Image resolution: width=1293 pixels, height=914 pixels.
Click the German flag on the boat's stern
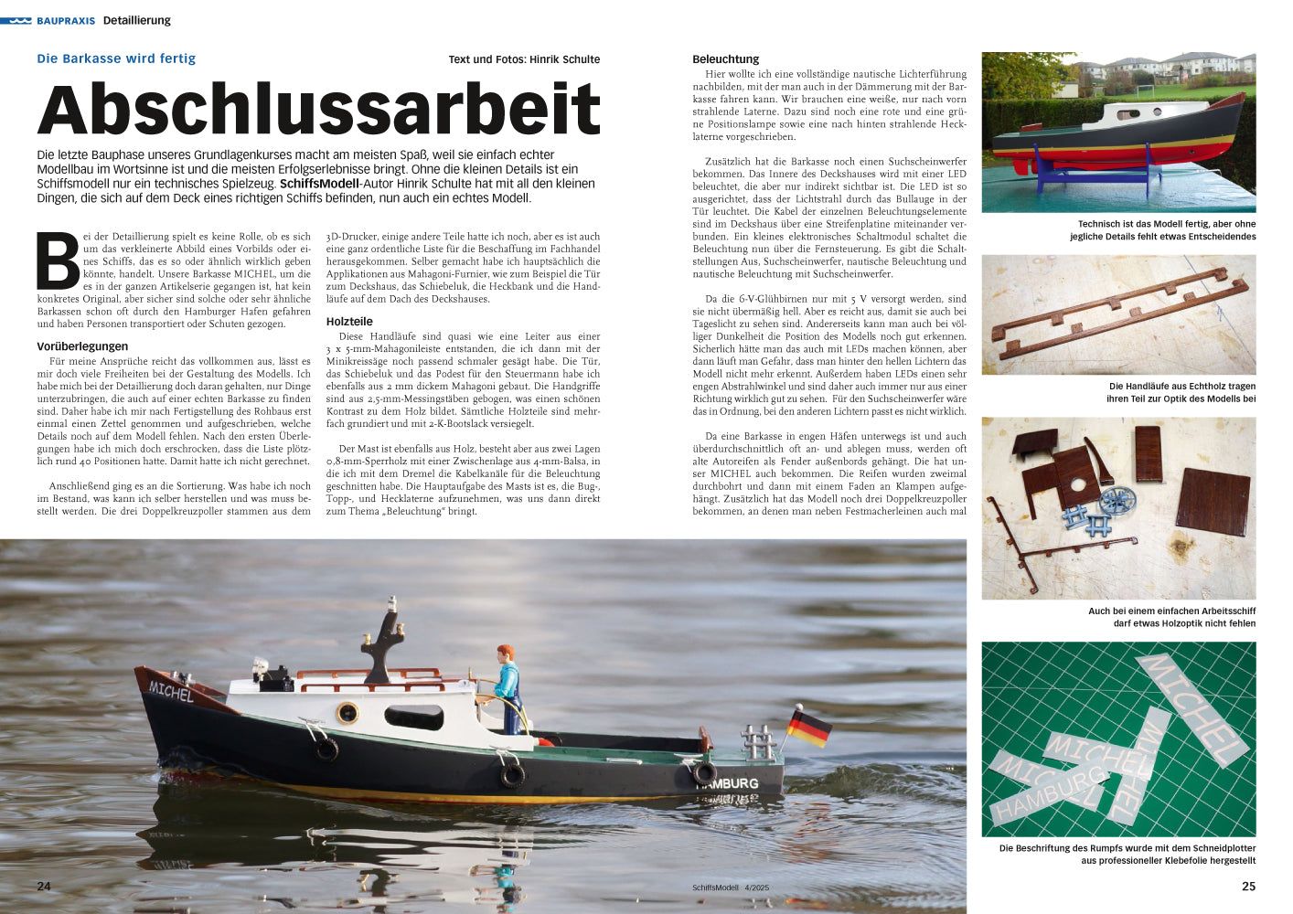(x=809, y=728)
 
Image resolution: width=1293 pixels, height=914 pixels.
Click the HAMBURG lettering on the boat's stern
(x=732, y=783)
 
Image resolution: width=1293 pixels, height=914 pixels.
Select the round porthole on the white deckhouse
(x=347, y=713)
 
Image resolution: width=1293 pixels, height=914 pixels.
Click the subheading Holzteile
(x=349, y=322)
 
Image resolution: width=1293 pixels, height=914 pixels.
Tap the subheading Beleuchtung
(x=725, y=59)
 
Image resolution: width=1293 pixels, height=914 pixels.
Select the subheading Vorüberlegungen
(x=82, y=346)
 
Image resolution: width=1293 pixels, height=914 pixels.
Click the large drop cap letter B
(x=58, y=260)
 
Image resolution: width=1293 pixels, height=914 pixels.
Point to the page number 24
(x=44, y=886)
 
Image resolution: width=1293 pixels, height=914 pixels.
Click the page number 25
(x=1248, y=886)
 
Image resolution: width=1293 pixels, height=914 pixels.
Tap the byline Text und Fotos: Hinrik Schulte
(x=524, y=59)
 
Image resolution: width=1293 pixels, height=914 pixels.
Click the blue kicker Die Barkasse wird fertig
(x=116, y=58)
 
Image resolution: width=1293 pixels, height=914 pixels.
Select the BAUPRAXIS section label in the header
(x=66, y=20)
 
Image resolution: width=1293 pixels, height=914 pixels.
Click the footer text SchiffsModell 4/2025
(x=731, y=887)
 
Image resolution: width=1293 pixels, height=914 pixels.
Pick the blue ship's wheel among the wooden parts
(x=1116, y=500)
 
